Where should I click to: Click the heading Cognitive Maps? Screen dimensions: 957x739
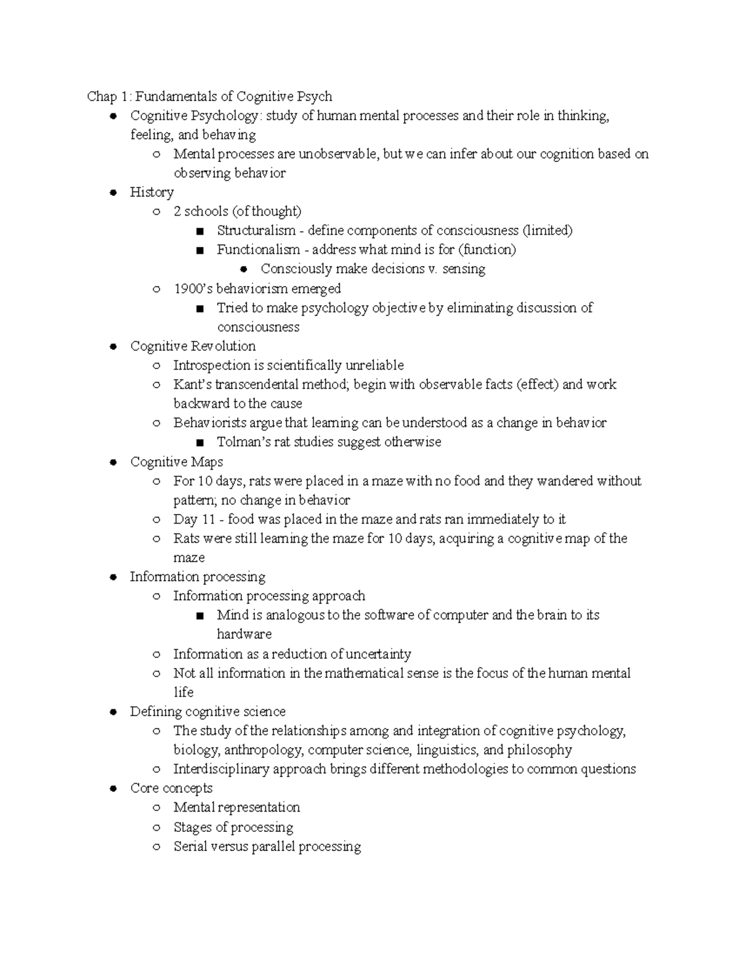[177, 462]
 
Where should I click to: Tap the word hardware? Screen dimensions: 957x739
[244, 634]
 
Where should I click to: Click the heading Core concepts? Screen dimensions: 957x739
[171, 788]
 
